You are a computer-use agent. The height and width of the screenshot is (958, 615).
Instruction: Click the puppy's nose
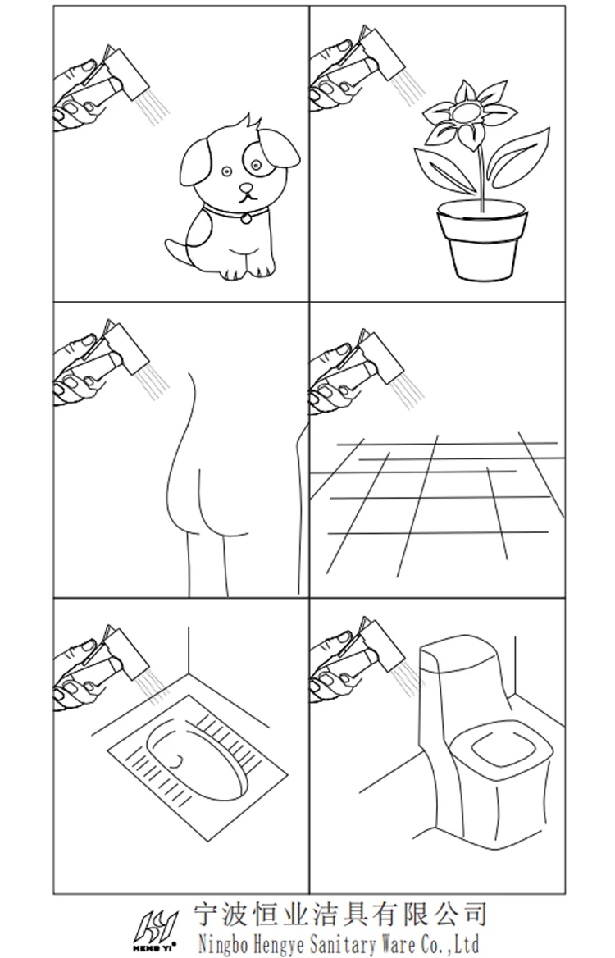point(245,187)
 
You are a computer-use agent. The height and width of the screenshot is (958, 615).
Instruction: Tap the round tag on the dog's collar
point(245,217)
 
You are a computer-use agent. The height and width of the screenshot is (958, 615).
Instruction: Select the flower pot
point(482,240)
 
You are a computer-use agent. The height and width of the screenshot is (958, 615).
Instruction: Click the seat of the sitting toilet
point(501,750)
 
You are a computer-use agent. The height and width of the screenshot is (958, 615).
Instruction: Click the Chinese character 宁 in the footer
point(207,914)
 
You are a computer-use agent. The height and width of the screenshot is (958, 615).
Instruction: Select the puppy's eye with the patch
point(256,164)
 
